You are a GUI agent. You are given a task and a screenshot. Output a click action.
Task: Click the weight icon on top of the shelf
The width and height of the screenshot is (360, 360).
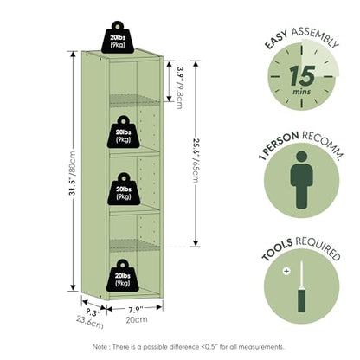click(x=118, y=37)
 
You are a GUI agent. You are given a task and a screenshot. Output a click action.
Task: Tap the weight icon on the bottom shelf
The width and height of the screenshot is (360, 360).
click(x=123, y=275)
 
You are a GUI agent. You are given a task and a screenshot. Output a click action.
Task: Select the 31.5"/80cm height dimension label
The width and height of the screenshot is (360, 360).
click(x=72, y=173)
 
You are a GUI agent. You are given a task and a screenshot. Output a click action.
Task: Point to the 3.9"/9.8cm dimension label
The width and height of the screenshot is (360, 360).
click(x=180, y=87)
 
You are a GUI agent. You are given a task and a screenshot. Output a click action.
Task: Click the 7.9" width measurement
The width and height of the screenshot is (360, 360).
click(x=134, y=310)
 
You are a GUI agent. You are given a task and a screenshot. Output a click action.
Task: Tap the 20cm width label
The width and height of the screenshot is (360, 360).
click(x=137, y=319)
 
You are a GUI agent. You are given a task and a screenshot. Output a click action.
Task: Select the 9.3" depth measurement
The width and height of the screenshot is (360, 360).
click(x=93, y=312)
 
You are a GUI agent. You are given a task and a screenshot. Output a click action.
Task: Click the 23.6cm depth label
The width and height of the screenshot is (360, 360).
click(x=90, y=322)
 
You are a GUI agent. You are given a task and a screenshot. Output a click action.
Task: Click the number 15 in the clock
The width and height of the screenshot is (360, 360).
click(x=302, y=75)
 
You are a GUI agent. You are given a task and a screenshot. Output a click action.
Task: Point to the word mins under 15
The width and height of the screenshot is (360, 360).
click(x=302, y=92)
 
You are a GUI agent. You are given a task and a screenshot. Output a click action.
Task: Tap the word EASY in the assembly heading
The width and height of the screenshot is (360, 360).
click(x=276, y=39)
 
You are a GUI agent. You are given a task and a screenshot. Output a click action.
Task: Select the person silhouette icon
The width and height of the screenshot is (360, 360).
click(x=301, y=180)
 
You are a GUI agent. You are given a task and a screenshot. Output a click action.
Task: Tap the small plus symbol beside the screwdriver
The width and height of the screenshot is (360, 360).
click(x=286, y=271)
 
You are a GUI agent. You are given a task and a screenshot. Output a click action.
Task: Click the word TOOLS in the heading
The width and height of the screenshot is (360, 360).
click(x=277, y=249)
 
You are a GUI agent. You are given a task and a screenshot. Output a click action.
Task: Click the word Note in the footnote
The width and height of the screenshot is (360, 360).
click(x=100, y=347)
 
